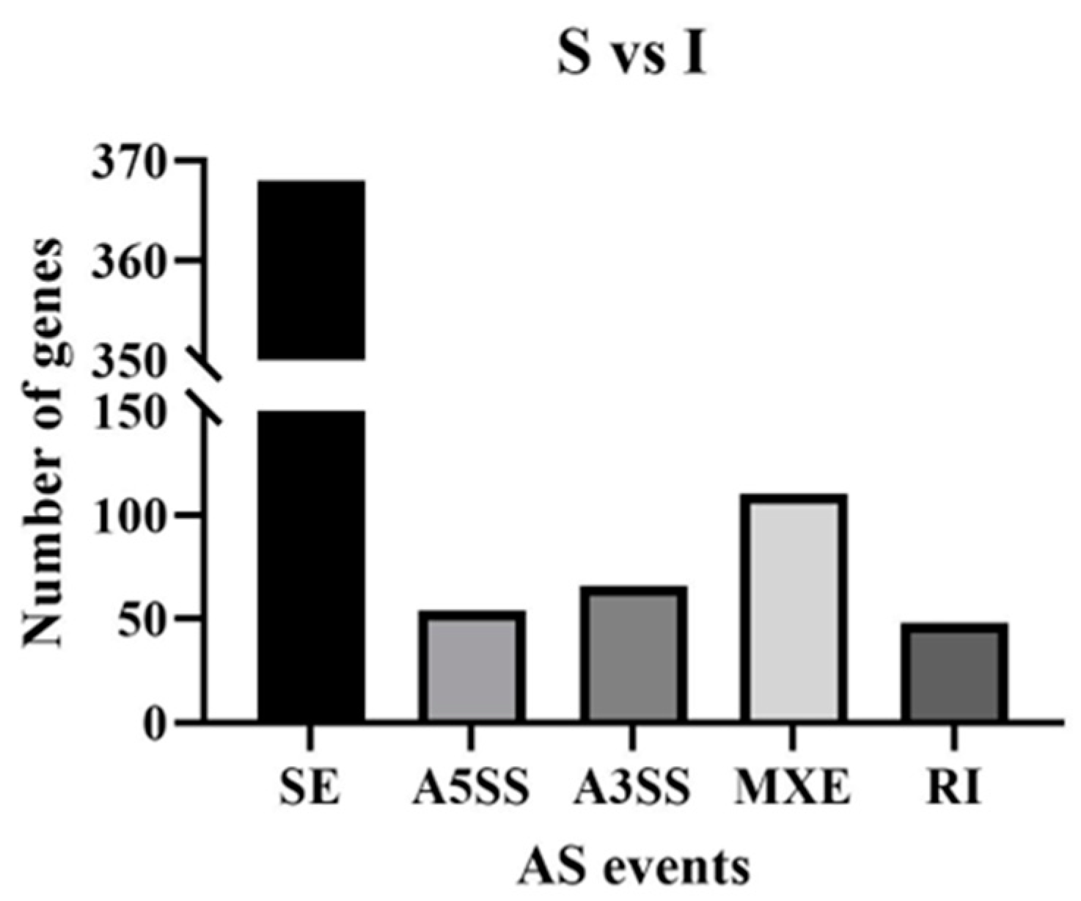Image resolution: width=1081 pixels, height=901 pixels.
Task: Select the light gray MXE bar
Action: click(x=794, y=608)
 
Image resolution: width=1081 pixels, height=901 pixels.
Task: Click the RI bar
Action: click(x=954, y=672)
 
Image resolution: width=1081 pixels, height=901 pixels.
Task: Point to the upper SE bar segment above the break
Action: click(x=311, y=270)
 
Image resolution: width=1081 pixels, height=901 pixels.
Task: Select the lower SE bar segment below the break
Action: click(x=311, y=565)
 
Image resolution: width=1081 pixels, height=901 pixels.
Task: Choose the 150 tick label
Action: click(x=126, y=412)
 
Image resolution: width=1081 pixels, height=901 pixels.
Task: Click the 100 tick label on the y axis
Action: click(x=126, y=515)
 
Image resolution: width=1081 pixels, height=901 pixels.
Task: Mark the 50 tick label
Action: click(x=139, y=619)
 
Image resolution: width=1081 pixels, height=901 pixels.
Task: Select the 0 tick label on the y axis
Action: click(x=153, y=723)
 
